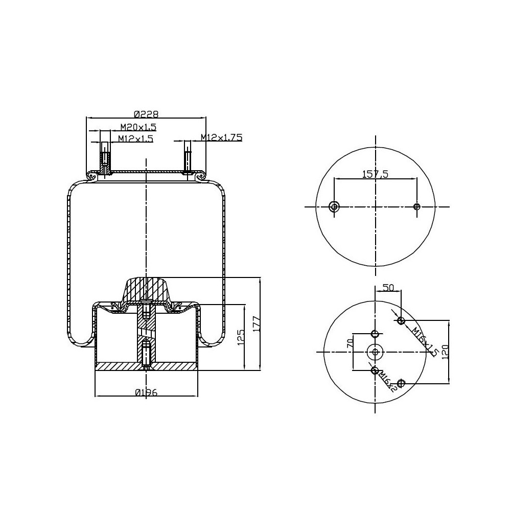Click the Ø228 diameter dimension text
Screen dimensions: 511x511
tap(146, 113)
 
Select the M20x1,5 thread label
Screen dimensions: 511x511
tap(138, 127)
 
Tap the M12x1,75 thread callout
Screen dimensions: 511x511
tap(221, 137)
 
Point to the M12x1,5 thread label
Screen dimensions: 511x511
tap(135, 138)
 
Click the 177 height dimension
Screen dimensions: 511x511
tap(257, 324)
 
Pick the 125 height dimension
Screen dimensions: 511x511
tap(243, 337)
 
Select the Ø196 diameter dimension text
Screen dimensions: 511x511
tap(146, 392)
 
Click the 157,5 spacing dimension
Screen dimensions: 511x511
tap(376, 174)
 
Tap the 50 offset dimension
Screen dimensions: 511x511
tap(388, 288)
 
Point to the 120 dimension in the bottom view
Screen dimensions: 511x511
tap(445, 351)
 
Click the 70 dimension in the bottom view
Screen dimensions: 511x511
tap(351, 343)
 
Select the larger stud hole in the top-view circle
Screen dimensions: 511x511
tap(334, 206)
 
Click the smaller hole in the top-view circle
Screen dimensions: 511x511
tap(417, 206)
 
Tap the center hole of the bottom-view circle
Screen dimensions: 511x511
tap(376, 352)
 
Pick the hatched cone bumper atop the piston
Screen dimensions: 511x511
tap(147, 290)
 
